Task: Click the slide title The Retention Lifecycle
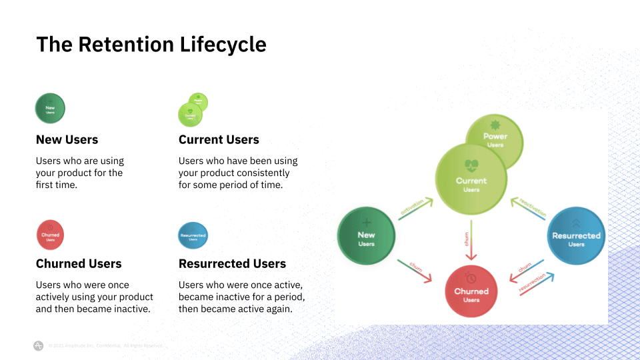151,44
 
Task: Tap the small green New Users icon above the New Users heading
50,108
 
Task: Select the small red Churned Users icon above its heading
50,235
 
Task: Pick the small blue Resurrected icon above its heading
193,235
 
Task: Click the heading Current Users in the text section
219,139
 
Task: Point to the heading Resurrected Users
232,263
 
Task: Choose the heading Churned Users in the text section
79,263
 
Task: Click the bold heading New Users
67,139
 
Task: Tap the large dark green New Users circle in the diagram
366,237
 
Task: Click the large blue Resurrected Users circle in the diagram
576,237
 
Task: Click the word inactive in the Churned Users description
131,309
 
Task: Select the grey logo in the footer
39,345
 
